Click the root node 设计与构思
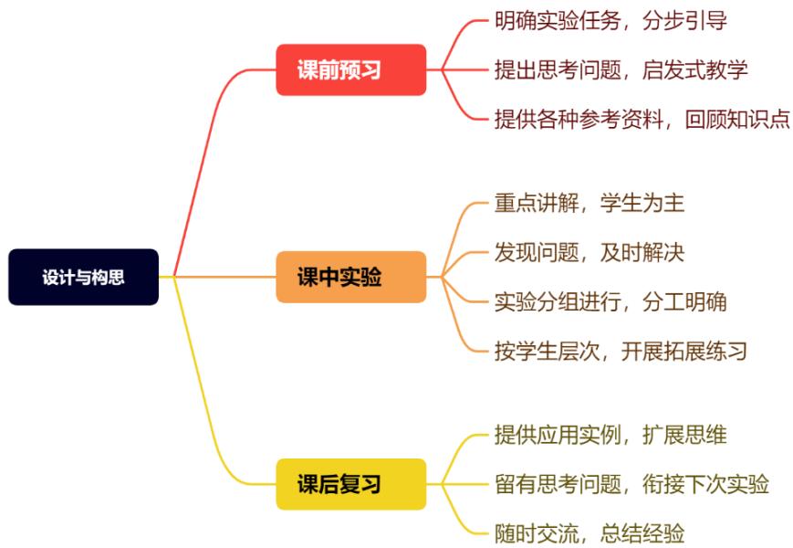click(83, 278)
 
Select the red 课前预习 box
click(350, 69)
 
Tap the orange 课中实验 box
click(350, 277)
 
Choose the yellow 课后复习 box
click(350, 484)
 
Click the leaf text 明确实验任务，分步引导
click(610, 20)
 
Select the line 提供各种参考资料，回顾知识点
click(642, 119)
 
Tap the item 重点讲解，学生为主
click(589, 203)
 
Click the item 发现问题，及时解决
click(589, 252)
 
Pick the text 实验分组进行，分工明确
click(610, 301)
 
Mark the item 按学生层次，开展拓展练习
click(621, 351)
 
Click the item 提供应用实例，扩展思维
click(610, 435)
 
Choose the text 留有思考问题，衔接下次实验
click(631, 484)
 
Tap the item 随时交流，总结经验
click(589, 533)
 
